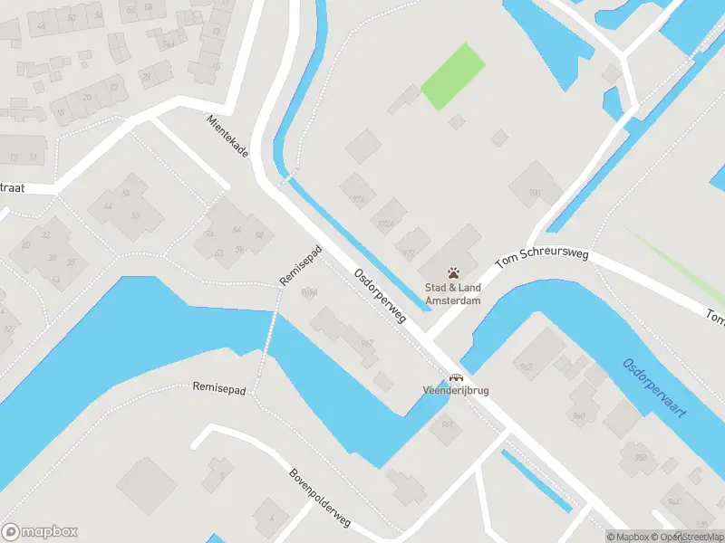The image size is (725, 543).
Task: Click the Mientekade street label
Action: [227, 138]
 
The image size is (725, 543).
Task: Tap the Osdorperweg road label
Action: [380, 298]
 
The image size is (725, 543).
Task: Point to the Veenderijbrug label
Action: [456, 391]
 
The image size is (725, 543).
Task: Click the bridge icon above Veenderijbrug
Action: [456, 378]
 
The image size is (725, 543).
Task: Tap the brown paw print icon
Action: [454, 272]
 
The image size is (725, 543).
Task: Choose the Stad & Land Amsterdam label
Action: [454, 294]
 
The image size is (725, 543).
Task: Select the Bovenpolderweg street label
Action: [320, 503]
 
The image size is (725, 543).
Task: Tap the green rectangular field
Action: [452, 76]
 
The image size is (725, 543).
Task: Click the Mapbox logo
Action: [39, 531]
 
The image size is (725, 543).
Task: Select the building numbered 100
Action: [535, 192]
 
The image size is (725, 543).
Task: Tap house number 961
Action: [447, 423]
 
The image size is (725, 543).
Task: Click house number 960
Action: [579, 415]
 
